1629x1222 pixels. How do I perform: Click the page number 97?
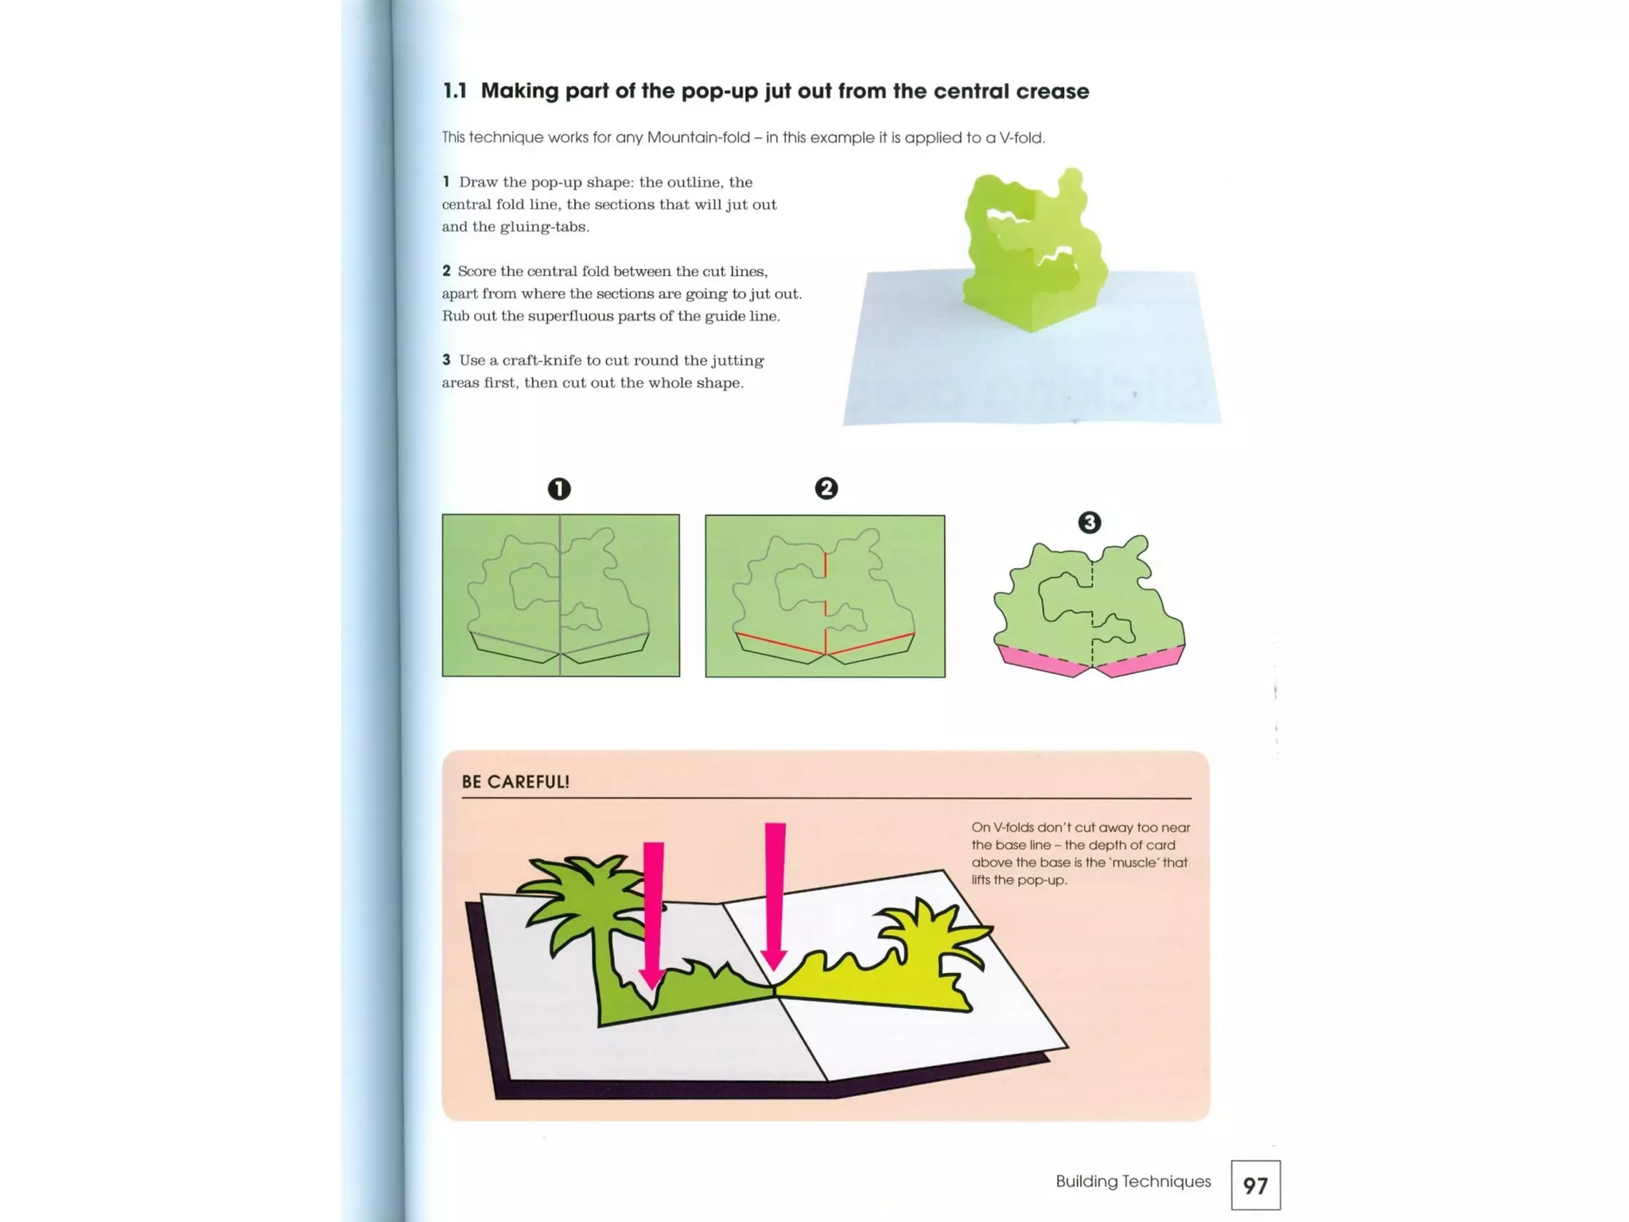pos(1255,1186)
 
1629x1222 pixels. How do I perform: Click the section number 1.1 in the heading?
pos(455,91)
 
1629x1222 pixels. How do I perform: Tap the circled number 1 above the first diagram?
pos(559,488)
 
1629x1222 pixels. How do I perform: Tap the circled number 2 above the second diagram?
pos(826,488)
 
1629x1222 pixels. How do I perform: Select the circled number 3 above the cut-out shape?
pos(1090,523)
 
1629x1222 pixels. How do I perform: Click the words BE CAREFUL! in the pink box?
pos(515,782)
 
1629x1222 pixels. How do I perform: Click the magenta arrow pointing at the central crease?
pos(775,891)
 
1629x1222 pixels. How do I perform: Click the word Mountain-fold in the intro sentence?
pos(698,138)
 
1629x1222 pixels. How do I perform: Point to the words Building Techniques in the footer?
pos(1133,1181)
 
